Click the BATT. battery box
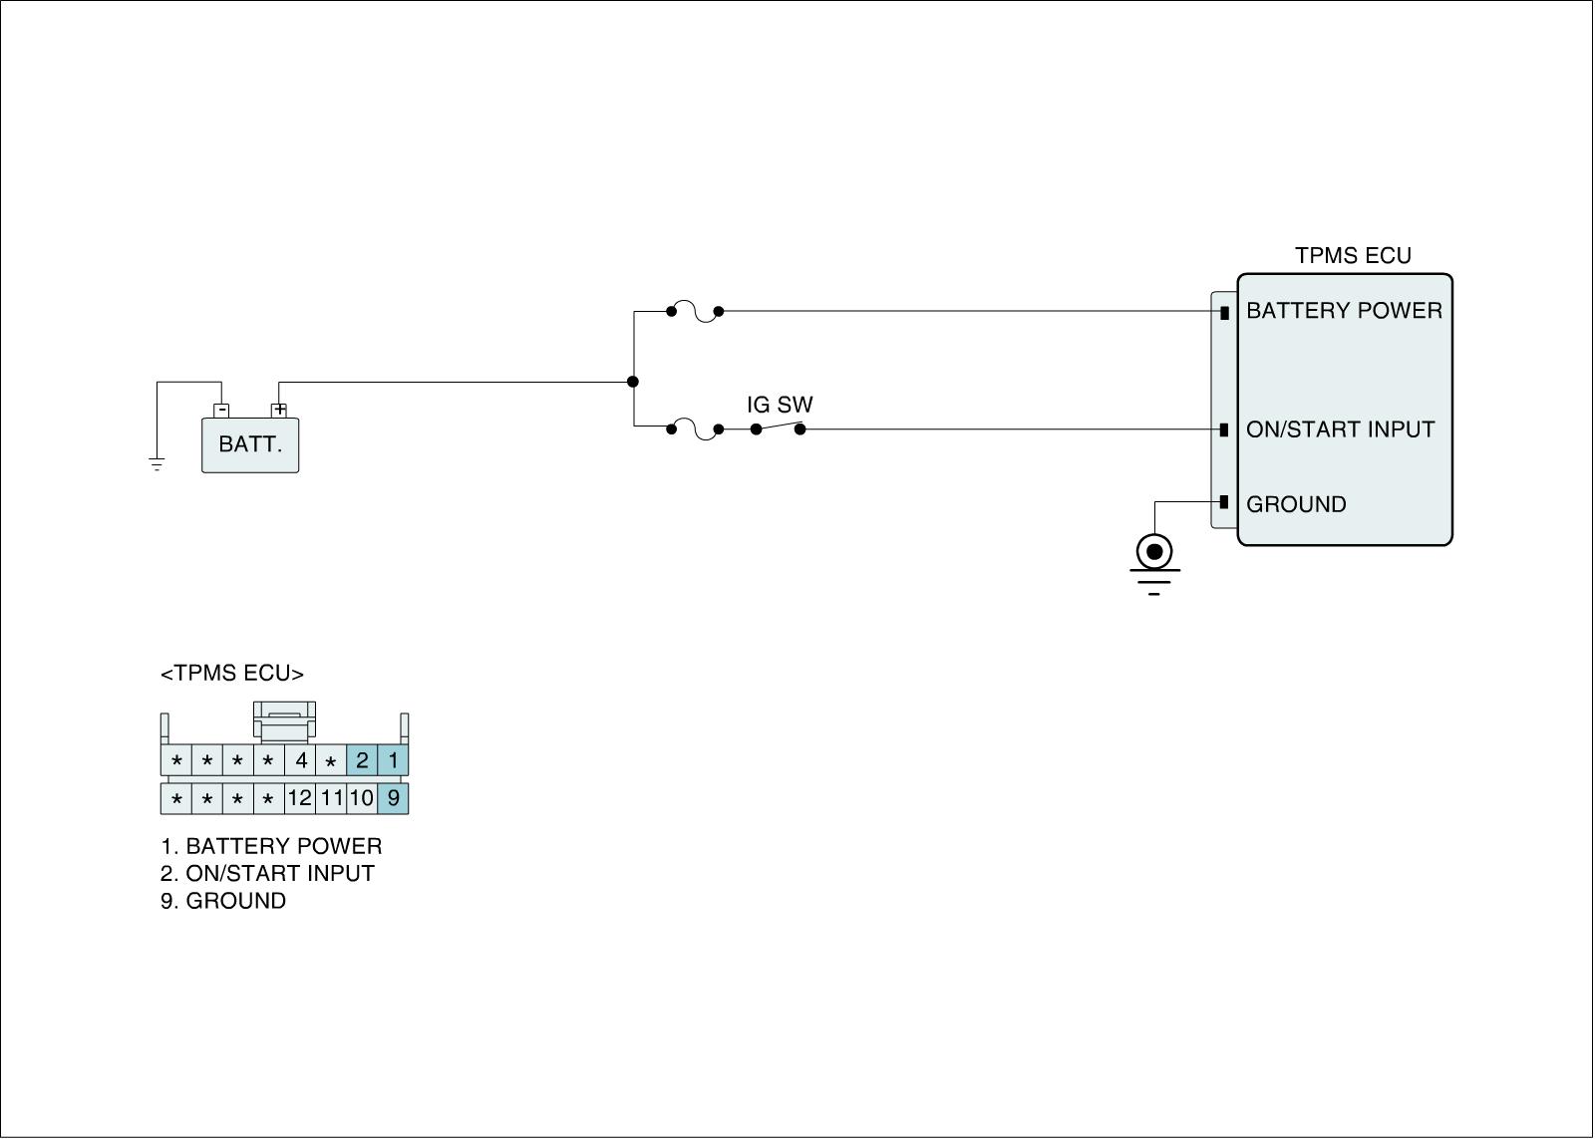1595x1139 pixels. pos(250,444)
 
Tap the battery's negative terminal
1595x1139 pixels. pos(222,410)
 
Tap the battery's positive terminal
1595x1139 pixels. pos(279,410)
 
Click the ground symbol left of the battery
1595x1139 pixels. pos(157,463)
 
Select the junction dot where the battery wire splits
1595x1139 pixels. pos(633,382)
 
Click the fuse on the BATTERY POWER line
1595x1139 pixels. pos(695,312)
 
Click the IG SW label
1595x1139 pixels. pos(780,405)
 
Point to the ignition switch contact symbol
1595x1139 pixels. pos(778,427)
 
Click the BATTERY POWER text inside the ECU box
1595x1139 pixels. pos(1344,311)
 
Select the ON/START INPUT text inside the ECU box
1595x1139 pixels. pos(1340,429)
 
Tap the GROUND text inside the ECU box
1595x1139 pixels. pos(1296,504)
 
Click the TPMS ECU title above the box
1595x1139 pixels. pos(1353,256)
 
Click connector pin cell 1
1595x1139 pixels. pos(393,761)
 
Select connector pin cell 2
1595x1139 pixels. pos(362,761)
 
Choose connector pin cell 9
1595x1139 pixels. pos(393,798)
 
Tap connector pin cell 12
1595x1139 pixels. pos(299,798)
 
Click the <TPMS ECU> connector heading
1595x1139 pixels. pos(232,674)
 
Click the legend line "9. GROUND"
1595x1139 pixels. pos(223,901)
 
